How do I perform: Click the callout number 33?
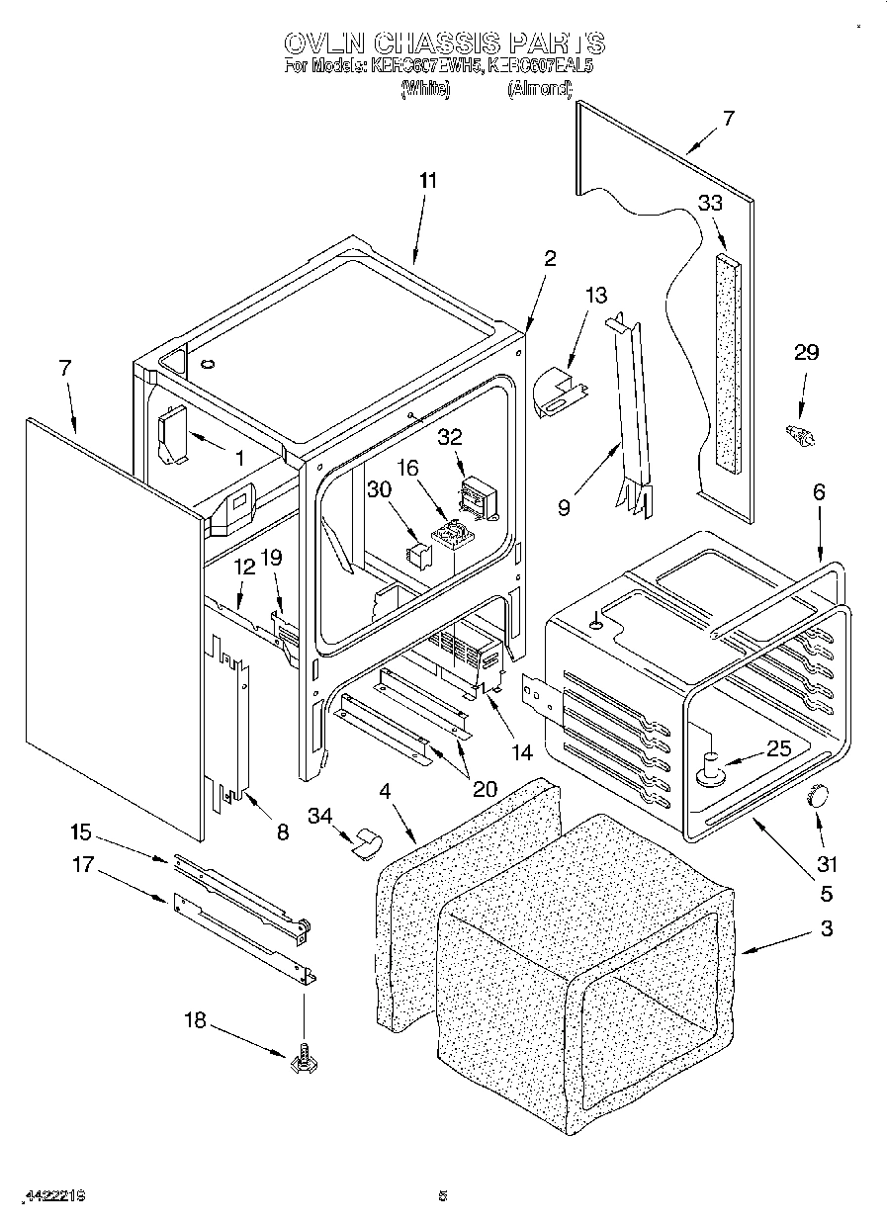tap(710, 203)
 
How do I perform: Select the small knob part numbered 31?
tap(818, 794)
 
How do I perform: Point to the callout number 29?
tap(807, 353)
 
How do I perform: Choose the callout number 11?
tap(427, 181)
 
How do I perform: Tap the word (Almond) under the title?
tap(540, 89)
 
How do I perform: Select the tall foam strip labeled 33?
tap(728, 360)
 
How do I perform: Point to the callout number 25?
tap(779, 748)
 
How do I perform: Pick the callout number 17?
tap(82, 865)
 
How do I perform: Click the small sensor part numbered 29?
tap(798, 432)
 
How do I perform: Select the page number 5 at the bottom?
tap(443, 1195)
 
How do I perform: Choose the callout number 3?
tap(826, 928)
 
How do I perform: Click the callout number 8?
tap(282, 832)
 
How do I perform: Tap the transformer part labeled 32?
tap(479, 491)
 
